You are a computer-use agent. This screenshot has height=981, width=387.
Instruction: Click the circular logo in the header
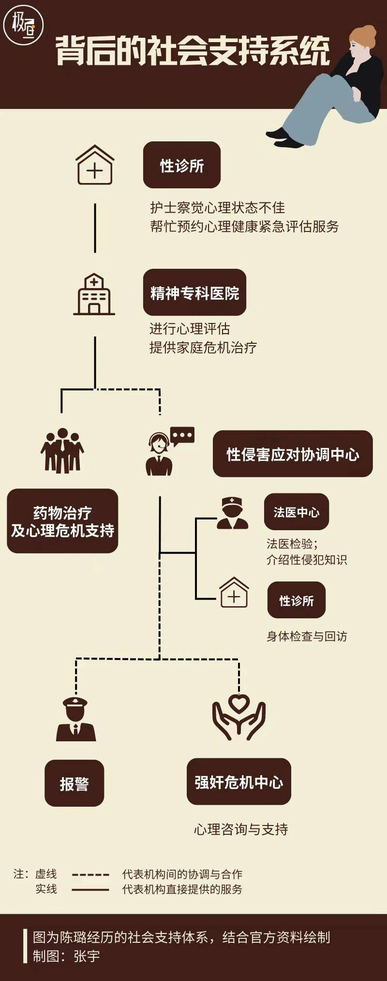(23, 24)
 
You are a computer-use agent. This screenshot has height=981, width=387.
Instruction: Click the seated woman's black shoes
(283, 138)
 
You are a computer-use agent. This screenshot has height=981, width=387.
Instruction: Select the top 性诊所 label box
(182, 165)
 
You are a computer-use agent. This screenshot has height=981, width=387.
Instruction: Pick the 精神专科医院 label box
(194, 292)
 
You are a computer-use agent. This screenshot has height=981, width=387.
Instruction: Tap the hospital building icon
(94, 295)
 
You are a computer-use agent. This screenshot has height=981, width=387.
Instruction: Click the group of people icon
(62, 450)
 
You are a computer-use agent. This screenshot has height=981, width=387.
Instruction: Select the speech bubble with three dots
(182, 436)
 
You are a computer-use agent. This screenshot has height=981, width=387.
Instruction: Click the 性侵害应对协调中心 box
(293, 454)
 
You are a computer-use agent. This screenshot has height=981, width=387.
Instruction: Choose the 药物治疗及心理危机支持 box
(62, 521)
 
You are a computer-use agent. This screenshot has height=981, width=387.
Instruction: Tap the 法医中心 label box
(296, 512)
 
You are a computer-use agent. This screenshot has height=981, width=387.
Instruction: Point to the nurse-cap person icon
(232, 513)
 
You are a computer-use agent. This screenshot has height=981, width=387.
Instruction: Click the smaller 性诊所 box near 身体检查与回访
(296, 600)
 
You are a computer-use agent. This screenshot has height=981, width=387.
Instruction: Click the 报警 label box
(74, 783)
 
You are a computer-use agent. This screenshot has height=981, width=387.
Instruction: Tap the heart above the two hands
(238, 703)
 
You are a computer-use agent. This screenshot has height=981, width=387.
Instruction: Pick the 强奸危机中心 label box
(238, 782)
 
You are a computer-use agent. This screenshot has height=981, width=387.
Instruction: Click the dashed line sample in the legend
(90, 874)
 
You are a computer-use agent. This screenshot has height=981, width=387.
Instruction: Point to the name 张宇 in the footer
(87, 956)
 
